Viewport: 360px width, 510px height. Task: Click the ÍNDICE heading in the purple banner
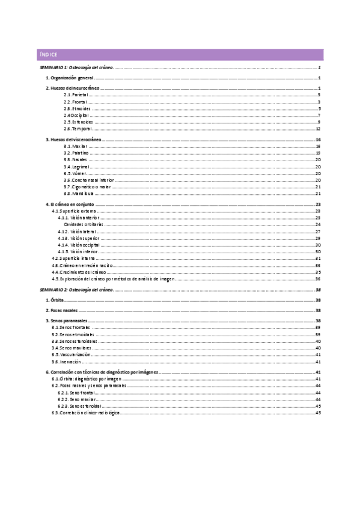[48, 55]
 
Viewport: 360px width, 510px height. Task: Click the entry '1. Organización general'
[70, 79]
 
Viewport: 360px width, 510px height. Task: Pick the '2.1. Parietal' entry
[76, 95]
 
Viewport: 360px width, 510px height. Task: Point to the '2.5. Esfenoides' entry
[78, 122]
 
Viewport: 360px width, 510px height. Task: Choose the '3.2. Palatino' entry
[76, 153]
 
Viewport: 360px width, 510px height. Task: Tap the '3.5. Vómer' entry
[75, 173]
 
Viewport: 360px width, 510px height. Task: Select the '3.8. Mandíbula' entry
[77, 194]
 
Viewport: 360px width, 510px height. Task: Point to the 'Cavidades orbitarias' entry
[84, 224]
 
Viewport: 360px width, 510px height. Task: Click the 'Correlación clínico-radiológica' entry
[85, 413]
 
